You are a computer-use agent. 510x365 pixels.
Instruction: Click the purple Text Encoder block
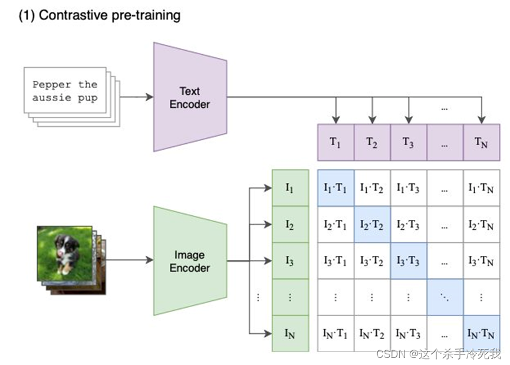click(x=189, y=97)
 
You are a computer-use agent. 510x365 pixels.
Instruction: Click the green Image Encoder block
click(x=189, y=261)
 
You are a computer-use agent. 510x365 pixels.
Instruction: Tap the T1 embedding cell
click(x=335, y=143)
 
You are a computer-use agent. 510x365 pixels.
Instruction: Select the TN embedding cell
click(x=482, y=143)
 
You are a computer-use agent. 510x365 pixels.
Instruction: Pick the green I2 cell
click(x=289, y=225)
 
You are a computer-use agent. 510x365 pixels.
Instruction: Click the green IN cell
click(x=289, y=334)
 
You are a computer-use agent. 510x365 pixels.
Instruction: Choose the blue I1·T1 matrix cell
click(x=335, y=188)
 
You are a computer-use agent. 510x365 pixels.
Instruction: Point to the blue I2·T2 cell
click(x=371, y=225)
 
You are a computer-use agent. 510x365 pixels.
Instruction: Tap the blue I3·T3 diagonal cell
click(x=408, y=261)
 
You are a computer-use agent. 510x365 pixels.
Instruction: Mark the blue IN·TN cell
click(x=482, y=334)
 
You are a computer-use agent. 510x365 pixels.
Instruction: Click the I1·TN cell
click(x=482, y=188)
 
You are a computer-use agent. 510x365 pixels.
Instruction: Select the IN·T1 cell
click(x=335, y=334)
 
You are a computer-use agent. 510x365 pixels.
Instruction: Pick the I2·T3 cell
click(x=408, y=225)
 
